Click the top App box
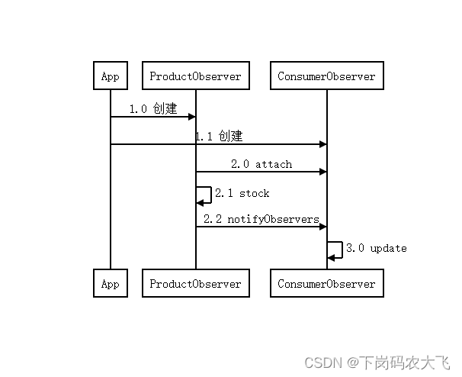[110, 76]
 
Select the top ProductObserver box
[195, 76]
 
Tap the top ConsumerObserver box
[326, 76]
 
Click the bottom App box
[110, 284]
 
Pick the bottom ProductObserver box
[195, 284]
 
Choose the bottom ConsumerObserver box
[326, 284]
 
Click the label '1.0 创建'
[152, 109]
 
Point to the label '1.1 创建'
[219, 137]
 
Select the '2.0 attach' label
[261, 164]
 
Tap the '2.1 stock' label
[242, 193]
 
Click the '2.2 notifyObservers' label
[261, 219]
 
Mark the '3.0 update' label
[376, 248]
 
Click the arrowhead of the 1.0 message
[191, 117]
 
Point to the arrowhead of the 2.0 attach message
[322, 172]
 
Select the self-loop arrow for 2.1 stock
[204, 195]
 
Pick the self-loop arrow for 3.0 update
[335, 250]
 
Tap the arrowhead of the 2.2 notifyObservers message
[322, 227]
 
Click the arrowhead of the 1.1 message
[322, 144]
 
